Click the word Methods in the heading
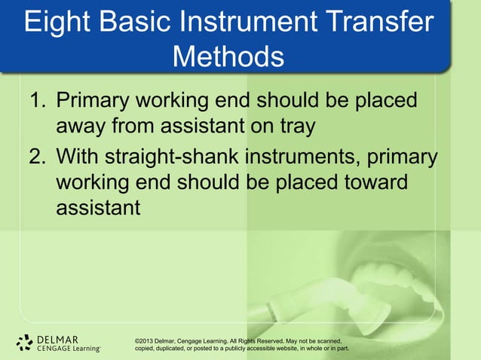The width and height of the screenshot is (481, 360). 228,56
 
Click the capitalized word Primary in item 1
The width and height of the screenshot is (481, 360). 97,100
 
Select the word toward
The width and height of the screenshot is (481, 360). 372,184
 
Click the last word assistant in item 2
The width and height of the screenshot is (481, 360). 98,207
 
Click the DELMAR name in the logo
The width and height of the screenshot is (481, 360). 57,338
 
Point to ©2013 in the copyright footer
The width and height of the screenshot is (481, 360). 146,340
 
